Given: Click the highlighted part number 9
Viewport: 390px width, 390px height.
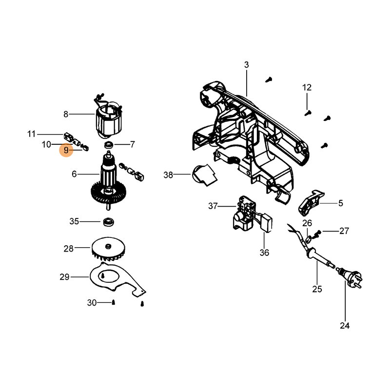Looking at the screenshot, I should [66, 151].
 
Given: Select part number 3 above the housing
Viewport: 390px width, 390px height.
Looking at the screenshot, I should [246, 65].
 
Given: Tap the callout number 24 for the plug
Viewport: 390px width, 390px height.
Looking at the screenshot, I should [345, 325].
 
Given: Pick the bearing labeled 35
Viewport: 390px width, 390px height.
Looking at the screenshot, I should [108, 222].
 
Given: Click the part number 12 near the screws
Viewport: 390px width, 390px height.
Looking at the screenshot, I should [307, 88].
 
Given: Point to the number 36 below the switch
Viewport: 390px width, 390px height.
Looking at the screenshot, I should [264, 253].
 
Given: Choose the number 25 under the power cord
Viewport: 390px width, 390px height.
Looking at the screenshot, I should [317, 289].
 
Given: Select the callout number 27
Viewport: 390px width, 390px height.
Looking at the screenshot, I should [344, 231].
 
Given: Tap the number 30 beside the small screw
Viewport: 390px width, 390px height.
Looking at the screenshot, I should [92, 303].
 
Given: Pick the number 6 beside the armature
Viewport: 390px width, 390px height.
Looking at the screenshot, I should [74, 174].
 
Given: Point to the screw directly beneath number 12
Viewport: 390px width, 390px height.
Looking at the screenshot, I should [307, 112].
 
